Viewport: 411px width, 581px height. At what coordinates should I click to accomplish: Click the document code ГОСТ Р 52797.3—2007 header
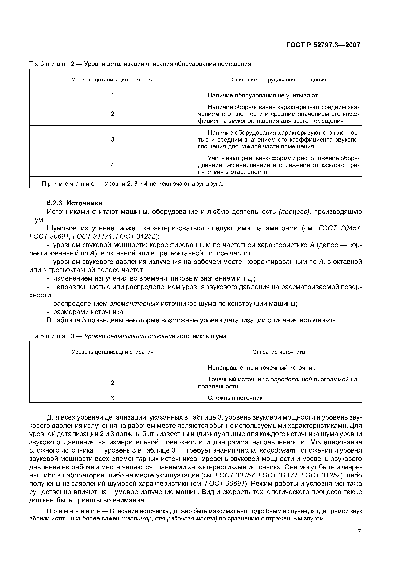323,45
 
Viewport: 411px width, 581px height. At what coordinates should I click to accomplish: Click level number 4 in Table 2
112,165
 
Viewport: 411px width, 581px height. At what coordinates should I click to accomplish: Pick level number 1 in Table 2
112,95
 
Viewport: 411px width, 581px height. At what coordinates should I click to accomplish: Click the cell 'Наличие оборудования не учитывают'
263,95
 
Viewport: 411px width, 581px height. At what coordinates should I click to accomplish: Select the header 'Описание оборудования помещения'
279,80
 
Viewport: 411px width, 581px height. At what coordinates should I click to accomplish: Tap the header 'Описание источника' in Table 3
279,352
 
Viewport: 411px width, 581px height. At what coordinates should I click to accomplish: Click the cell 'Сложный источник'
235,398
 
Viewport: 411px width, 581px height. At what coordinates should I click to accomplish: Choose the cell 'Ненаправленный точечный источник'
261,368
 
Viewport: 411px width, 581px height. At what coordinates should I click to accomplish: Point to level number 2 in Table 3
112,383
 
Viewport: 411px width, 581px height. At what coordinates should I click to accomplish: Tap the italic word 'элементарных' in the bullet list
134,303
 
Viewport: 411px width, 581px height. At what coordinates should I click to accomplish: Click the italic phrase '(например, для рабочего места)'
169,519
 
